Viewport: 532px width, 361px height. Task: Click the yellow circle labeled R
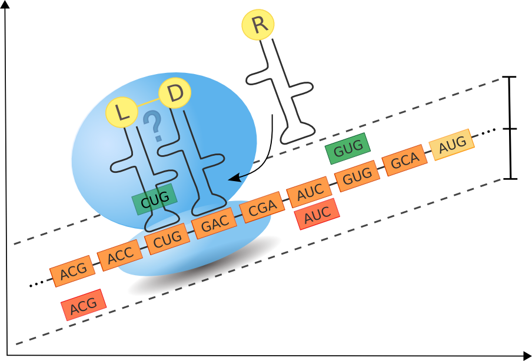click(x=258, y=25)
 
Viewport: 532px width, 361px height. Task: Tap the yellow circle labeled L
click(x=122, y=112)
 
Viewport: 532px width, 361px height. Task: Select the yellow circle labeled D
click(x=175, y=93)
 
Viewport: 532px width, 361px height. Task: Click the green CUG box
click(x=155, y=200)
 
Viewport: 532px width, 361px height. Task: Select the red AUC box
click(x=317, y=214)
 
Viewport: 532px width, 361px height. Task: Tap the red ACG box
click(x=83, y=305)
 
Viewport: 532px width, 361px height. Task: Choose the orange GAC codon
click(x=215, y=225)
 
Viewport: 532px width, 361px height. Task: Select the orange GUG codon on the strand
click(x=357, y=175)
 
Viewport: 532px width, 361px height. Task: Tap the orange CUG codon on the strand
click(x=168, y=240)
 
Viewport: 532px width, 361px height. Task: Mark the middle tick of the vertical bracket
click(x=511, y=129)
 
